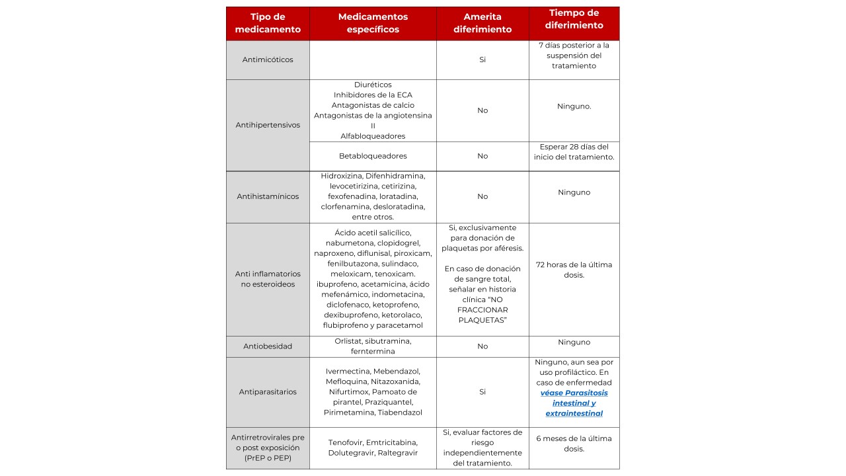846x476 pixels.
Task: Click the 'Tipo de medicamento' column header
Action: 268,23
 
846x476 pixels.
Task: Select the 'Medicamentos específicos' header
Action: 373,23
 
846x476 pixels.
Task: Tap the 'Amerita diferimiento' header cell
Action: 482,23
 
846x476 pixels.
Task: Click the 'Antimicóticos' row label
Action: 268,59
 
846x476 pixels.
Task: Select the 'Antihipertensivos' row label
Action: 268,125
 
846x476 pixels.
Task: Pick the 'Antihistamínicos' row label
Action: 268,196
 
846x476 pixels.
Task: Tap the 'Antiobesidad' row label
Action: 268,346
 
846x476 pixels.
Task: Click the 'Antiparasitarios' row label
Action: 268,392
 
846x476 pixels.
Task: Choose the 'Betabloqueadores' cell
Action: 373,156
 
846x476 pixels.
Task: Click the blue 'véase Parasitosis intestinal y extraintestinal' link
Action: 574,403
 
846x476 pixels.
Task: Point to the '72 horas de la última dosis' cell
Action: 574,270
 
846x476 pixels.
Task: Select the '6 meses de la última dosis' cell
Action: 574,444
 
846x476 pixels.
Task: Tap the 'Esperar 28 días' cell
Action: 574,152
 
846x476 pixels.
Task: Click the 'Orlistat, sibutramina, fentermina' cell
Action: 373,346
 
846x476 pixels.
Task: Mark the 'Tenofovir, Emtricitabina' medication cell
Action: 373,448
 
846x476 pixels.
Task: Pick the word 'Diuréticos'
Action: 373,85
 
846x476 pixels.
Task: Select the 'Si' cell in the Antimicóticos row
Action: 482,59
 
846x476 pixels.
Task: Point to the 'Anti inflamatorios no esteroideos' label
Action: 268,279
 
